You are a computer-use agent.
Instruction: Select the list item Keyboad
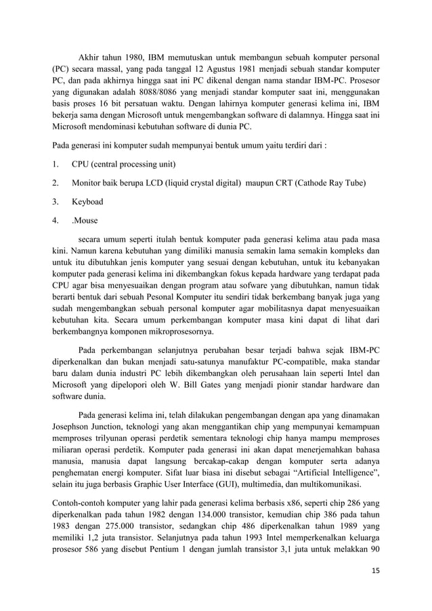tap(88, 201)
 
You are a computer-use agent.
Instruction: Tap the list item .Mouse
tap(85, 220)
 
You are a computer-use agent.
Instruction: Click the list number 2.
tap(56, 183)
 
